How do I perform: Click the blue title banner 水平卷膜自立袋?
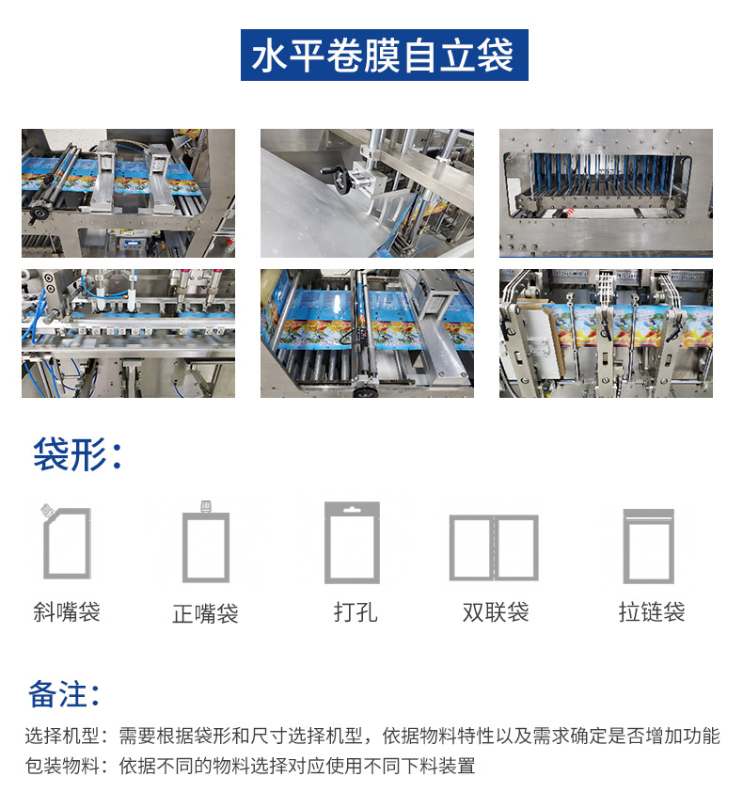[385, 55]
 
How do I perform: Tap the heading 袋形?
[77, 454]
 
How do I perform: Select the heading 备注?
[64, 694]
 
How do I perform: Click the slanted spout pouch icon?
[66, 542]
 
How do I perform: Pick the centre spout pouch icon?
[206, 542]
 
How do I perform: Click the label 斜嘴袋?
[67, 612]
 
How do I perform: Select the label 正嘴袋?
[206, 613]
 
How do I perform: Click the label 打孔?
[355, 612]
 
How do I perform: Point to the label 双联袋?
[495, 612]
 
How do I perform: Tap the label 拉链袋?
[652, 612]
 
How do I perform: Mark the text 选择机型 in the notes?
[62, 736]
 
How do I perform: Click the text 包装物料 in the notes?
[62, 766]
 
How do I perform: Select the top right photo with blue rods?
[606, 193]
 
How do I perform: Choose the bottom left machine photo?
[128, 333]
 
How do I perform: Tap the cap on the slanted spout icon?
[48, 510]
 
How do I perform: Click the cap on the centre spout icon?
[206, 506]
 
